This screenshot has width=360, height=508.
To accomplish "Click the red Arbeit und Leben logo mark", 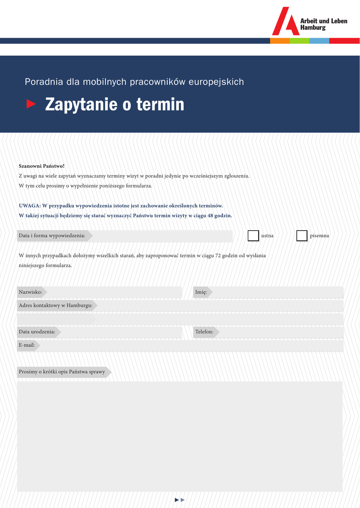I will click(286, 22).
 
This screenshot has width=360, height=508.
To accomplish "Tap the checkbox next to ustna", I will click(253, 236).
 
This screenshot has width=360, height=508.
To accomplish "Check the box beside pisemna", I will click(302, 236).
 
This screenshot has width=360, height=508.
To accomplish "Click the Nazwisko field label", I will click(30, 292).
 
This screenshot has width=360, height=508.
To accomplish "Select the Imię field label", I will click(201, 292).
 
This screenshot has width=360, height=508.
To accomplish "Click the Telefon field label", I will click(204, 332).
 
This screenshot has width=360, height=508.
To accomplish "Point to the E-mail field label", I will click(27, 345).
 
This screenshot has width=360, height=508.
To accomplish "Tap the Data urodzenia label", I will click(37, 332).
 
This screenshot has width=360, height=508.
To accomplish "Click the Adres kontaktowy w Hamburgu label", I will click(56, 306).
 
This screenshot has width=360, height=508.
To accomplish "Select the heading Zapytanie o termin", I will click(114, 105).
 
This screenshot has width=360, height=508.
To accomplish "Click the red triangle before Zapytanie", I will click(31, 104).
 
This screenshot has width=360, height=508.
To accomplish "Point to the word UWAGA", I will click(29, 206).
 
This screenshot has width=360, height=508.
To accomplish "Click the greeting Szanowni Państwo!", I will click(42, 166).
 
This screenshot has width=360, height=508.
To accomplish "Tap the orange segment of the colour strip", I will click(280, 41).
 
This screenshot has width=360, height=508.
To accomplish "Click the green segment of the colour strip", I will click(299, 41).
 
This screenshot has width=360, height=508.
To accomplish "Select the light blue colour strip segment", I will click(319, 41).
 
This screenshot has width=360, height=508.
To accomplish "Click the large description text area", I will click(180, 437).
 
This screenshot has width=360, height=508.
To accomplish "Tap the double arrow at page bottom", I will click(180, 500).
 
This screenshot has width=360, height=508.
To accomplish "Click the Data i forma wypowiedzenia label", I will click(52, 236).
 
